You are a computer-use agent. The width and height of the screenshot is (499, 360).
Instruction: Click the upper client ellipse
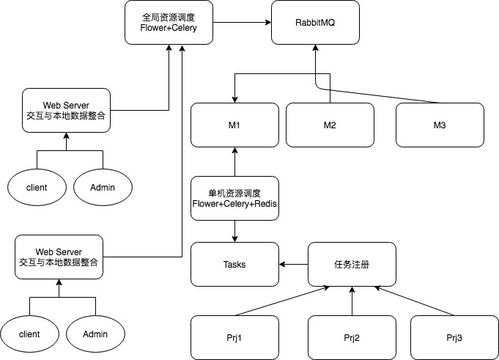click(x=30, y=186)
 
